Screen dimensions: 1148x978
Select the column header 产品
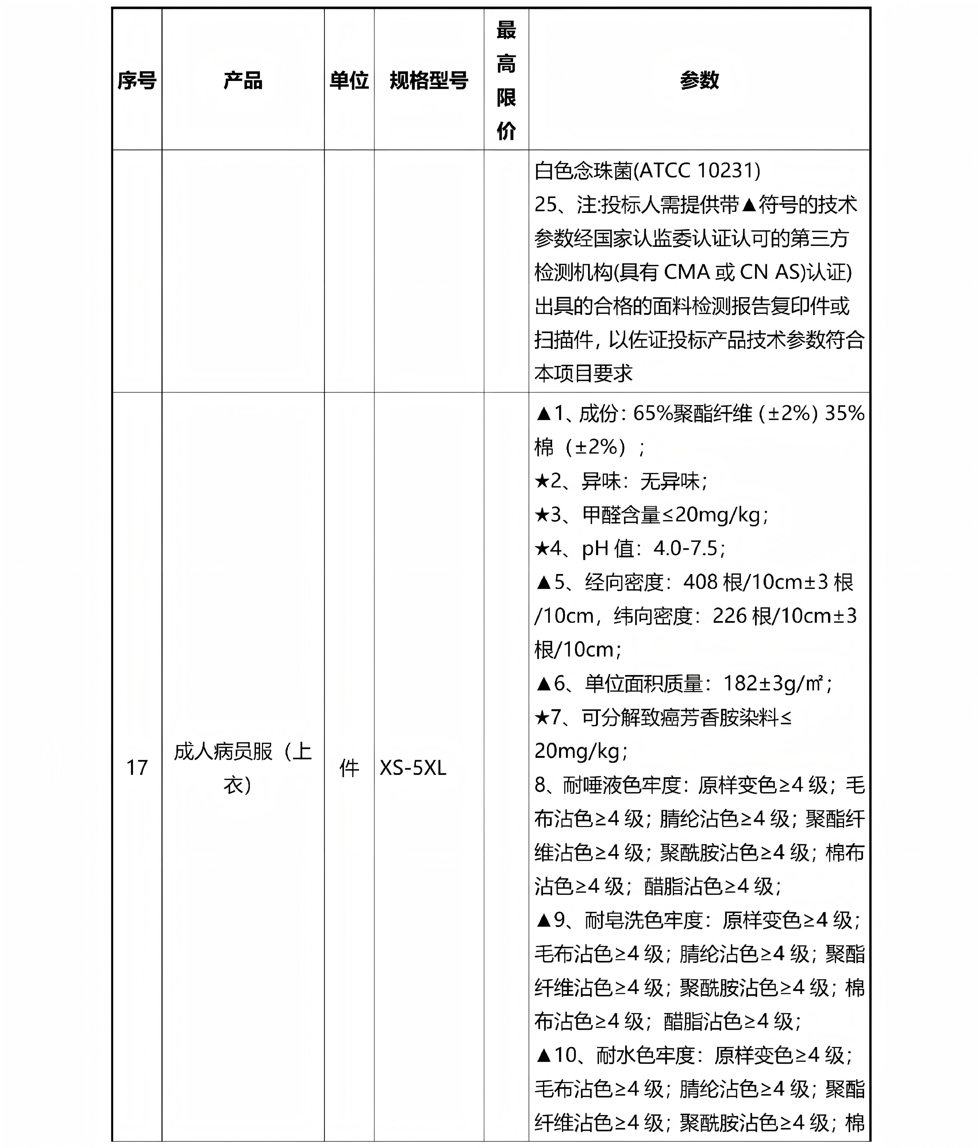(243, 80)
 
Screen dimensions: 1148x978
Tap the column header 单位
(349, 80)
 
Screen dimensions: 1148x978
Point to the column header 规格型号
(428, 80)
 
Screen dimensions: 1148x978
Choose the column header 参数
(699, 80)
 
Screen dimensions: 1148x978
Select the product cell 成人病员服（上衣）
(243, 768)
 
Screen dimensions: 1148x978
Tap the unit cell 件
(349, 768)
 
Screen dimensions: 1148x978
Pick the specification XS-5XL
(413, 768)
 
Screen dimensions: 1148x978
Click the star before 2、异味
(542, 481)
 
